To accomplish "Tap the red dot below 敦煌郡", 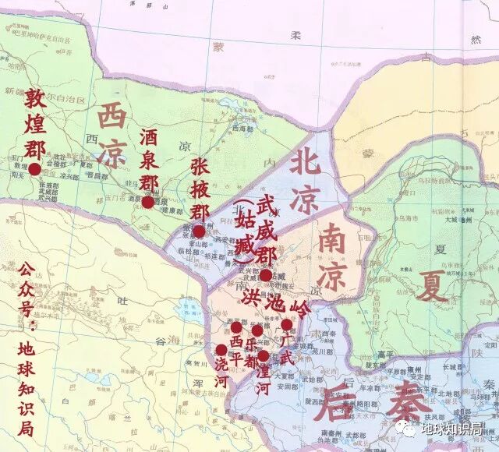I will (34, 168).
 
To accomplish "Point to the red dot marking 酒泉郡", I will (147, 203).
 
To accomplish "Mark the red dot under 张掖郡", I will (199, 231).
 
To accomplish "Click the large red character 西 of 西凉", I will (112, 120).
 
